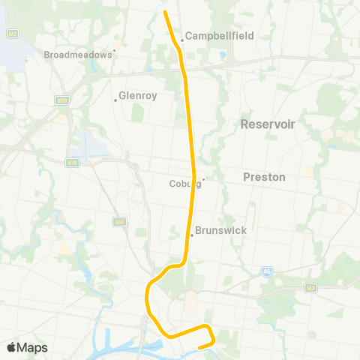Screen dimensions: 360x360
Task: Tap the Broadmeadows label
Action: (77, 55)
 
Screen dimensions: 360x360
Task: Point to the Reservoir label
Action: (265, 124)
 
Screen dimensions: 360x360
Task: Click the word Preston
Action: (265, 177)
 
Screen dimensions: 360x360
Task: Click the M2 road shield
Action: (12, 33)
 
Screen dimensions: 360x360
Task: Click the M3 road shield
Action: (310, 287)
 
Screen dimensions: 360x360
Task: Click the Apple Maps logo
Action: (27, 347)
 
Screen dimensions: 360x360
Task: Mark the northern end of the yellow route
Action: (164, 11)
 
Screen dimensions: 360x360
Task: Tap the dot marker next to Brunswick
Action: (192, 235)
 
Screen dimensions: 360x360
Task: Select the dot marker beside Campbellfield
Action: (181, 40)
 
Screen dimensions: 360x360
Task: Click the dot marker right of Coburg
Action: (203, 178)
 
